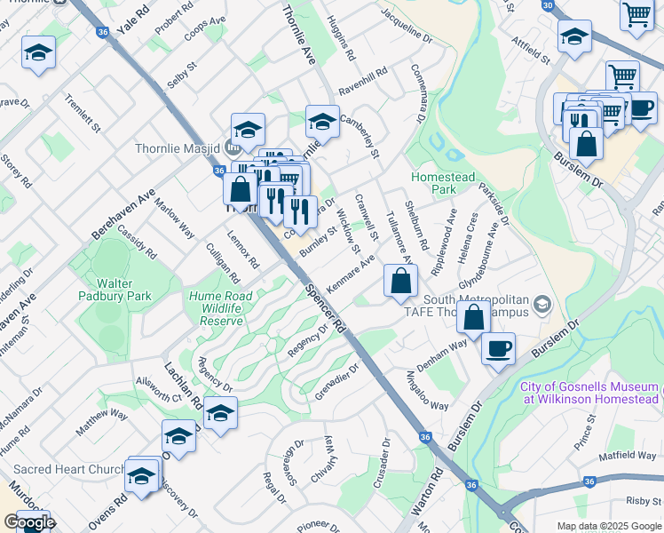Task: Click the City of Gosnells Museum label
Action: point(590,393)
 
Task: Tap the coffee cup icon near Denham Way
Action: point(498,347)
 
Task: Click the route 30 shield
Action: point(548,5)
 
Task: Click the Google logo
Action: point(29,522)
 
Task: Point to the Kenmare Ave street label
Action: point(350,274)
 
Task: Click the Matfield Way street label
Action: point(627,456)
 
